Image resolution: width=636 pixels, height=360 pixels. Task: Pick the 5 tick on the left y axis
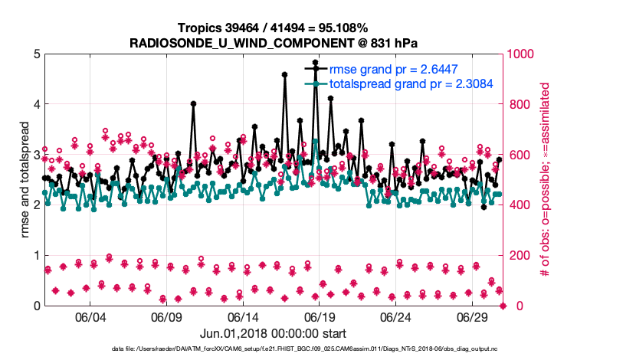36,54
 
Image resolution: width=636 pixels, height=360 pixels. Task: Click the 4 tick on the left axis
36,104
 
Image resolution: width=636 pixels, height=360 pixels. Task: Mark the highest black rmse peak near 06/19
315,62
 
